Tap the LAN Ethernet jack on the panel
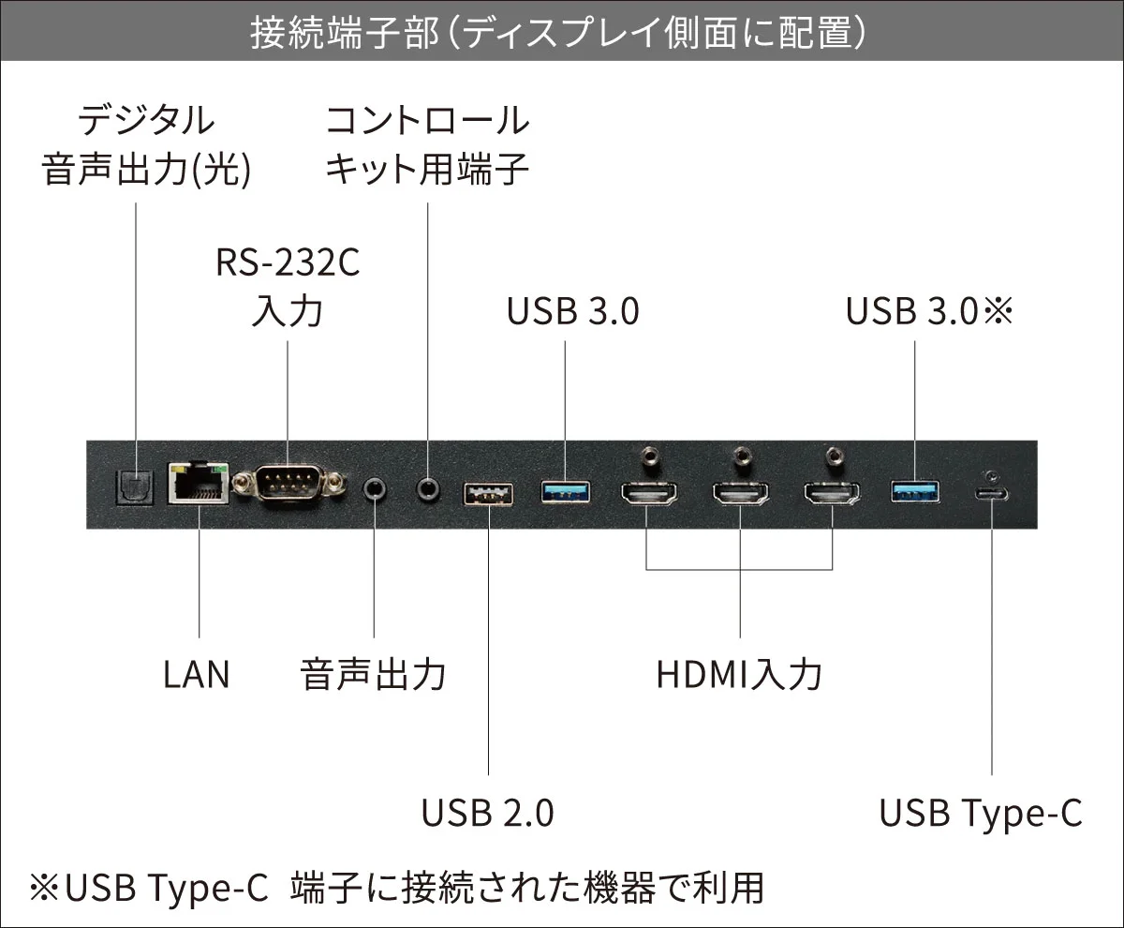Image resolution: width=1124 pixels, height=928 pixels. click(x=199, y=484)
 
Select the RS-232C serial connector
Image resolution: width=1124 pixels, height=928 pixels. click(x=288, y=486)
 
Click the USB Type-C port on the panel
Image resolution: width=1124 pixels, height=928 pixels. click(x=991, y=494)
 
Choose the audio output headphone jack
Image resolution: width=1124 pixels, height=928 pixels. click(x=375, y=488)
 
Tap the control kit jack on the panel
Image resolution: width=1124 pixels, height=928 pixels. click(x=428, y=487)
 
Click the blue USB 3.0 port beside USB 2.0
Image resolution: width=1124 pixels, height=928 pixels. click(x=566, y=489)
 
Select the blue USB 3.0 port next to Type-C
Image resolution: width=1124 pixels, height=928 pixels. click(x=914, y=489)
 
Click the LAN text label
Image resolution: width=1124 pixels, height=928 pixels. click(x=196, y=675)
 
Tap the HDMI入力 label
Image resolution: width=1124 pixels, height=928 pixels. click(x=739, y=675)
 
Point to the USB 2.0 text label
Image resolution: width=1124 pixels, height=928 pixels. click(x=487, y=813)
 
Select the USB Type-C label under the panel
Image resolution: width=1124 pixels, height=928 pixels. click(x=980, y=813)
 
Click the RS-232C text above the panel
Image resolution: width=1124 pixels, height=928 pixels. click(x=288, y=263)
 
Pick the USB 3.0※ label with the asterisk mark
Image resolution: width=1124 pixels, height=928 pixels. click(x=930, y=312)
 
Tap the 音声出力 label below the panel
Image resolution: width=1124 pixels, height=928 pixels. click(x=374, y=675)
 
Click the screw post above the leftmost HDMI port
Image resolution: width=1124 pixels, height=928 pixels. click(x=648, y=457)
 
